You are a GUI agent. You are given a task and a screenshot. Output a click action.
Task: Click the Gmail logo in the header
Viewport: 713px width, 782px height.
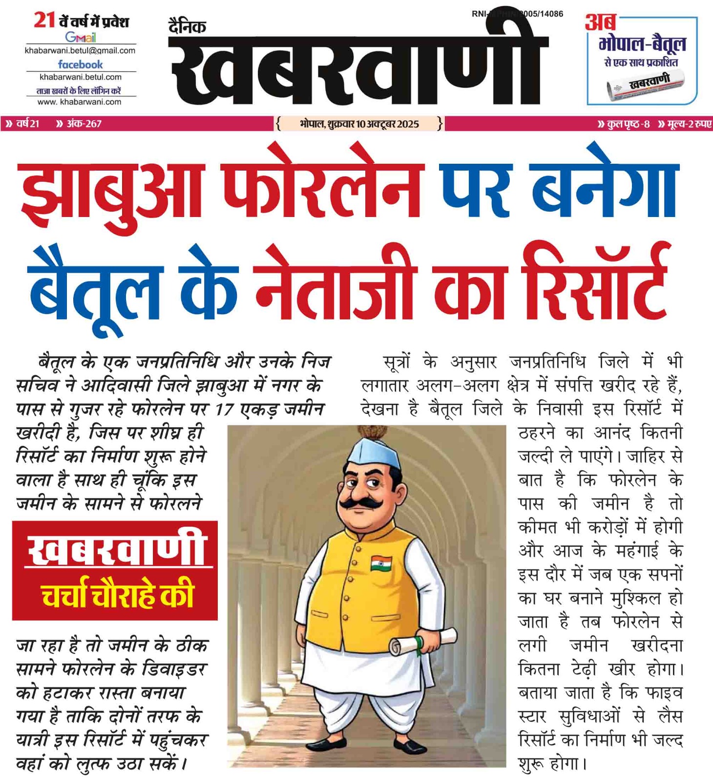[x=81, y=37]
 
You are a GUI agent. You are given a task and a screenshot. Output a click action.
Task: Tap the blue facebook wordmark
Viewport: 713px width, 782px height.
[x=81, y=64]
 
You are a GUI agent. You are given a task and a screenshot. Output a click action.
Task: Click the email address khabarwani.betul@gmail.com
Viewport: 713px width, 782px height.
[x=80, y=50]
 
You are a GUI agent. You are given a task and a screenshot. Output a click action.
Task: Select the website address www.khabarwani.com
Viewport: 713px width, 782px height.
[x=80, y=102]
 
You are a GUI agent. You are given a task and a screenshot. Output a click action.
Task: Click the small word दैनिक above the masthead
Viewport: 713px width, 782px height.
[x=187, y=26]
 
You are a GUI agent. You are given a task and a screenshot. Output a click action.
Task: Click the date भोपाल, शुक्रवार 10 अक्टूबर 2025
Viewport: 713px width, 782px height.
[x=359, y=124]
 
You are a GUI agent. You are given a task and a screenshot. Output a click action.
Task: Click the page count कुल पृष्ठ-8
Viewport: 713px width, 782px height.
[x=625, y=124]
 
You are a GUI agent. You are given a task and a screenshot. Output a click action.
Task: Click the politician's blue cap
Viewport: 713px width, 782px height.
[x=374, y=454]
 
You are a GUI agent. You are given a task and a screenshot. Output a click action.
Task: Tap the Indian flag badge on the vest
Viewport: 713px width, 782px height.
[x=381, y=563]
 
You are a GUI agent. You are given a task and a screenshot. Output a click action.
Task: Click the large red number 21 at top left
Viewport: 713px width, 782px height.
[x=44, y=21]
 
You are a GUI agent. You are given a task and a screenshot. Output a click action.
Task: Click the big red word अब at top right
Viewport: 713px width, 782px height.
[x=600, y=22]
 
